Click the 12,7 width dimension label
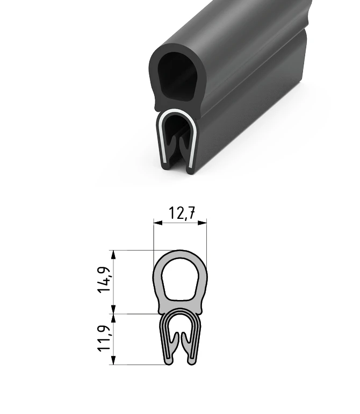tap(182, 213)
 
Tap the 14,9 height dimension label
tap(104, 280)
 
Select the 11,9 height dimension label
tap(104, 339)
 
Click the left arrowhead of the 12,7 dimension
tap(158, 223)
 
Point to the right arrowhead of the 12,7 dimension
tap(202, 223)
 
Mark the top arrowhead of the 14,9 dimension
tap(113, 255)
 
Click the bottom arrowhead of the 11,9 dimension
tap(113, 360)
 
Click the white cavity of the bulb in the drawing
tap(180, 279)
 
